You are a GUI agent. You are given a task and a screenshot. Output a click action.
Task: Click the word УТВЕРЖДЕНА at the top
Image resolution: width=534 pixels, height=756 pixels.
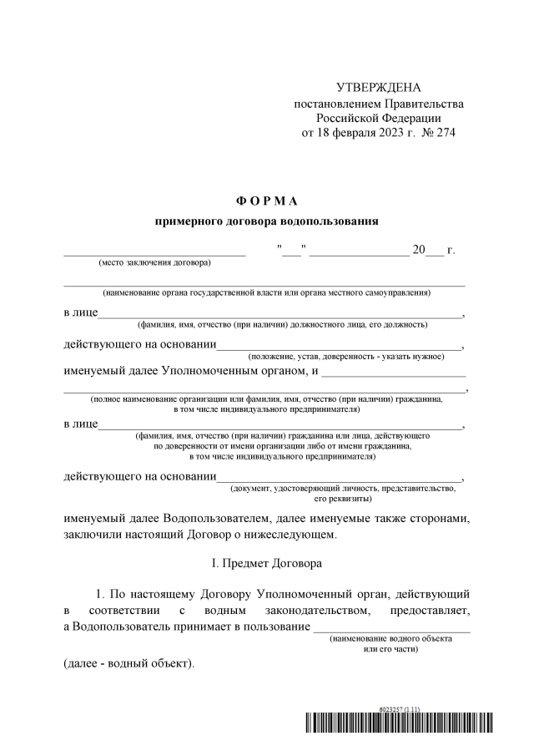(x=378, y=88)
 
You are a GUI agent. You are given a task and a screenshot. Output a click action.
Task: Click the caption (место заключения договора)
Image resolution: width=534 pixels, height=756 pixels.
(x=155, y=262)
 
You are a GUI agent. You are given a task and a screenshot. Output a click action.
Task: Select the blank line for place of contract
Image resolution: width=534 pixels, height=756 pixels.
(x=155, y=251)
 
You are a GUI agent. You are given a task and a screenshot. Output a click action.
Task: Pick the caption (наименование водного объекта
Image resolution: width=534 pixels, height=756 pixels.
(x=391, y=638)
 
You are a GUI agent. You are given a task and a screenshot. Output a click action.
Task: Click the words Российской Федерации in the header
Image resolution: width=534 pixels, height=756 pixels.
(x=378, y=118)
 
